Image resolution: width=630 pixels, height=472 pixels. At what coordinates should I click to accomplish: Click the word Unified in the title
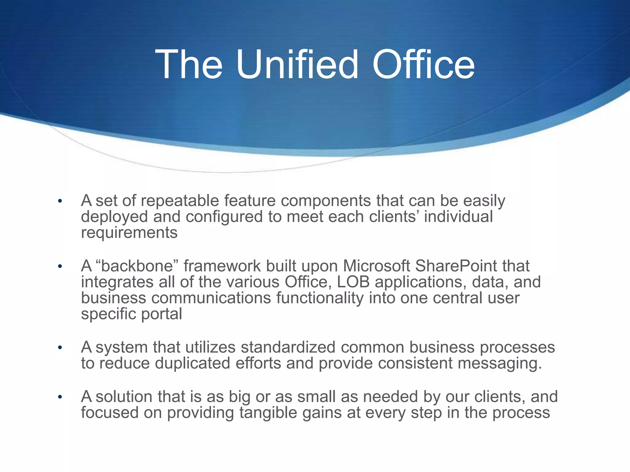[x=297, y=65]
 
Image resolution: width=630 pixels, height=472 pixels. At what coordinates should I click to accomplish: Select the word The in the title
[x=189, y=65]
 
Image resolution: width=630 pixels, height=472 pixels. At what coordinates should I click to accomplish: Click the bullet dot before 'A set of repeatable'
[x=60, y=202]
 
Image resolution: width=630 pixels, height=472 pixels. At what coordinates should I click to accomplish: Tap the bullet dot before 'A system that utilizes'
[x=60, y=348]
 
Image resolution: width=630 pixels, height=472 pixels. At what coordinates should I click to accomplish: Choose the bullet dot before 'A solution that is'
[x=60, y=397]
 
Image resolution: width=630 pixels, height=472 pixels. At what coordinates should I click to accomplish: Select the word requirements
[x=129, y=233]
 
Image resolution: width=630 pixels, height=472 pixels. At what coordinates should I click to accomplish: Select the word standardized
[x=288, y=348]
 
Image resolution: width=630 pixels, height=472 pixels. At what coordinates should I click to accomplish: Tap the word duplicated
[x=193, y=364]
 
